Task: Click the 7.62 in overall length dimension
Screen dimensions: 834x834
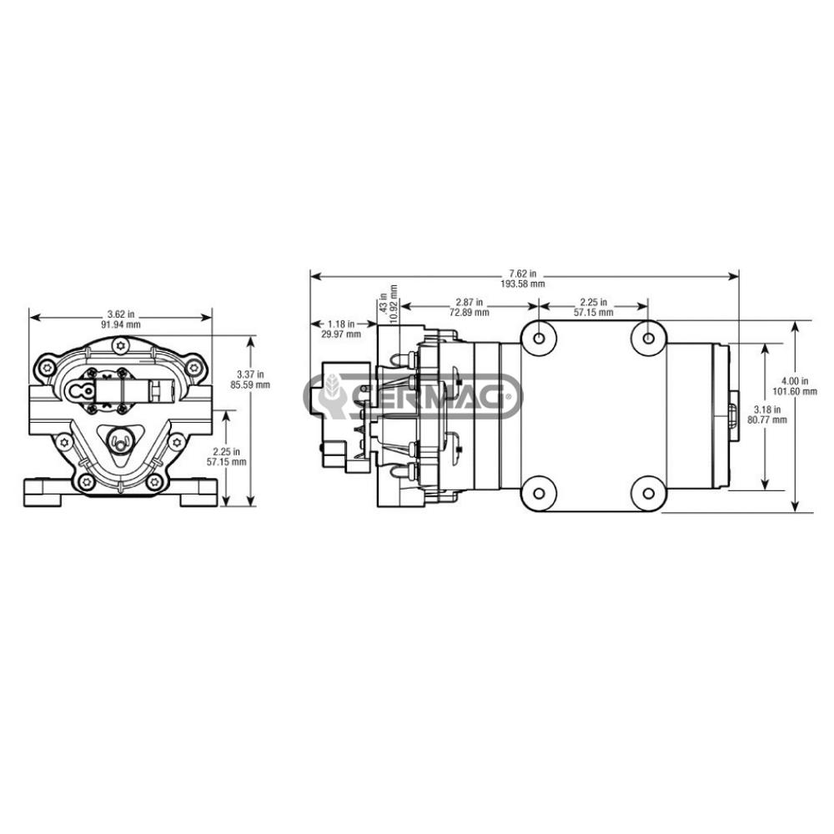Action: [x=523, y=273]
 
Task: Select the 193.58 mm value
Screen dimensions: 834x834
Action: [x=523, y=284]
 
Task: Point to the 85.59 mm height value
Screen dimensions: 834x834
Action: [x=251, y=385]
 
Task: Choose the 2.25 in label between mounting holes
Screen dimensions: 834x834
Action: [x=593, y=302]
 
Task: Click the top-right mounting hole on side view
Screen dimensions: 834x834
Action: [x=649, y=338]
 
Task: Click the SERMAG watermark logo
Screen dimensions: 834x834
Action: [x=412, y=395]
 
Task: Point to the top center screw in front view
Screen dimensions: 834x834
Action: [x=121, y=344]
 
